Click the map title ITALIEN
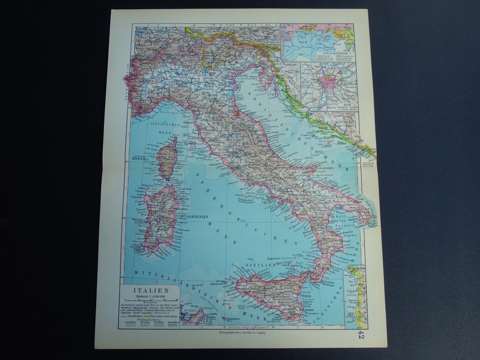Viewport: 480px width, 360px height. pyautogui.click(x=151, y=290)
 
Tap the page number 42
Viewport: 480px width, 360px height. pyautogui.click(x=362, y=334)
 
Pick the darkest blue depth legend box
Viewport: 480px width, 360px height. pyautogui.click(x=172, y=324)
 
